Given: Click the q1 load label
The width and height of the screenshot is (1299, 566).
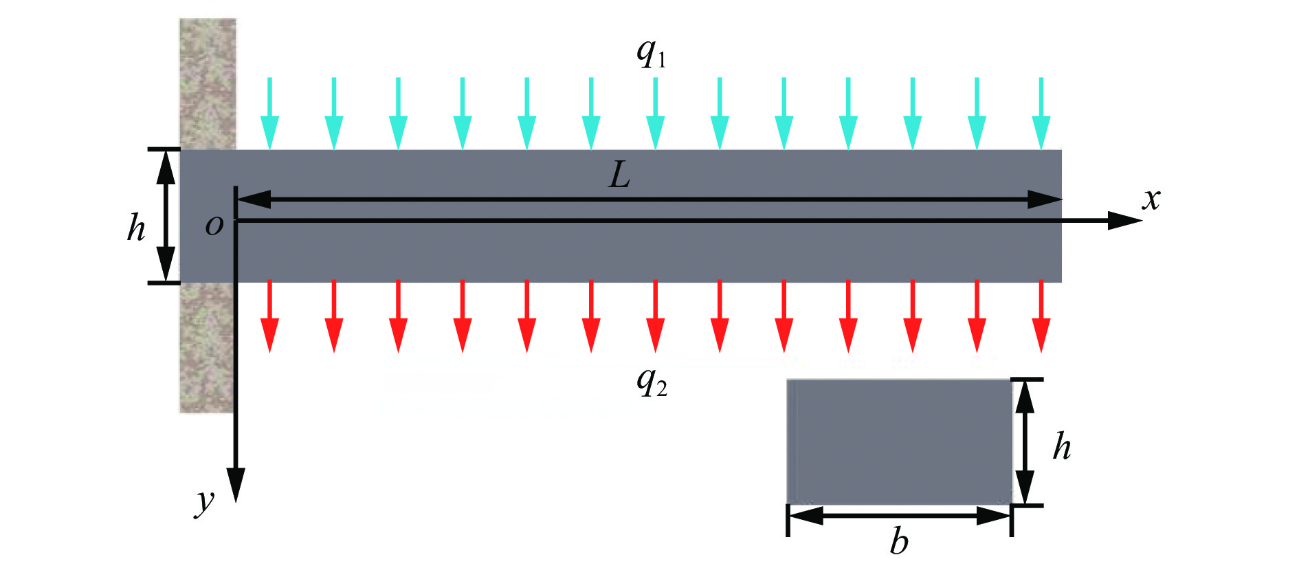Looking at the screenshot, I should [x=650, y=53].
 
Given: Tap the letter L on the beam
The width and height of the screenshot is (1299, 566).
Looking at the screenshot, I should [x=619, y=176].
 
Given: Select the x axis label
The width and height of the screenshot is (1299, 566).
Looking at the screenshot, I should [x=1151, y=199].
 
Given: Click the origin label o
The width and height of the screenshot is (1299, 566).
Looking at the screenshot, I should [x=214, y=225].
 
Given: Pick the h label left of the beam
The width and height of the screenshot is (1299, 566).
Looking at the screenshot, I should [x=136, y=227].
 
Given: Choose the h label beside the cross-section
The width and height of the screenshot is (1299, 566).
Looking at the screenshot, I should [x=1062, y=446].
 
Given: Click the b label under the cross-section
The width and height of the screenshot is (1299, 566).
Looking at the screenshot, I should [x=898, y=542].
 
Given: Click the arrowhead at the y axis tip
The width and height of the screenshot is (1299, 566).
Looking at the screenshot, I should [x=236, y=486].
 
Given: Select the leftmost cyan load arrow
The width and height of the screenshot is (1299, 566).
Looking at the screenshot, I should [x=269, y=113].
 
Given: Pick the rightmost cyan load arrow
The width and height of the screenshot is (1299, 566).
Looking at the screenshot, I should [x=1041, y=113].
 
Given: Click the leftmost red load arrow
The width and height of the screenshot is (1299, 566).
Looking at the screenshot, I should [x=269, y=316].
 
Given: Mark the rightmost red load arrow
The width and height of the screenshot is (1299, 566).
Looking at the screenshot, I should [x=1041, y=316].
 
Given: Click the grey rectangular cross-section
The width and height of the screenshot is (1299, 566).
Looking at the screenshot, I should [x=899, y=441].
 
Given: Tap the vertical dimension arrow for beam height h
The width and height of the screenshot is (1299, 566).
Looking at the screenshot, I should [x=165, y=215].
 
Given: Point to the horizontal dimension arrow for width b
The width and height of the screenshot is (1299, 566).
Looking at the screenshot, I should [x=899, y=516].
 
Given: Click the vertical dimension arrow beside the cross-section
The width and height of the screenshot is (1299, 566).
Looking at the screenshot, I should [x=1025, y=442].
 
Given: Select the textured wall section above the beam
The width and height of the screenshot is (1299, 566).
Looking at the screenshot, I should [x=208, y=83].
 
